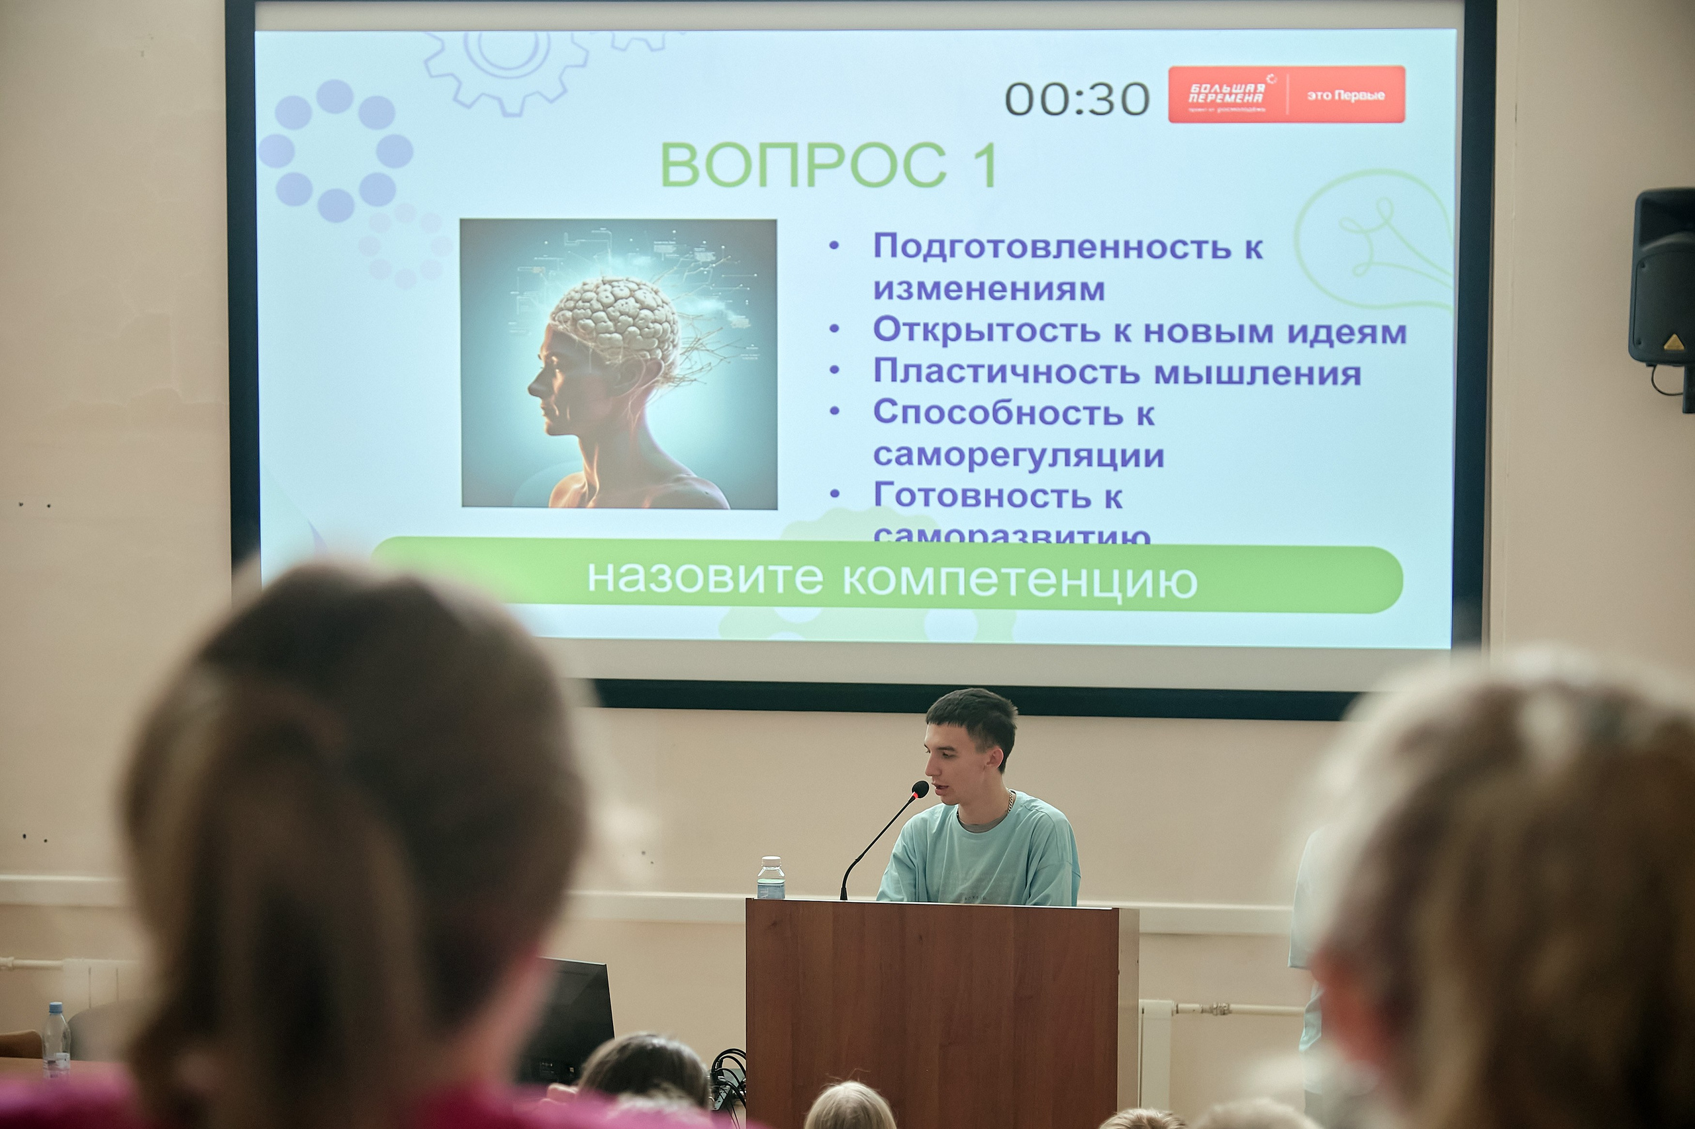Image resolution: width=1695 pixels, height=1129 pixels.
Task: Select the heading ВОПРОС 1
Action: tap(828, 165)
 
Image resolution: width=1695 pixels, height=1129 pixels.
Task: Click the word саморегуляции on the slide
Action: tap(1018, 455)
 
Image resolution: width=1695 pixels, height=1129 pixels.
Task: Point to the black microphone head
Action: tap(919, 788)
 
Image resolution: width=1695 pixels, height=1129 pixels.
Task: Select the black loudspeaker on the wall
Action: tap(1664, 277)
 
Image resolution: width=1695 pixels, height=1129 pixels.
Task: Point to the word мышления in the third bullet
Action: tap(1258, 373)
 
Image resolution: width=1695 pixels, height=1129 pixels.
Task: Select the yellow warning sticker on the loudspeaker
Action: tap(1673, 341)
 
